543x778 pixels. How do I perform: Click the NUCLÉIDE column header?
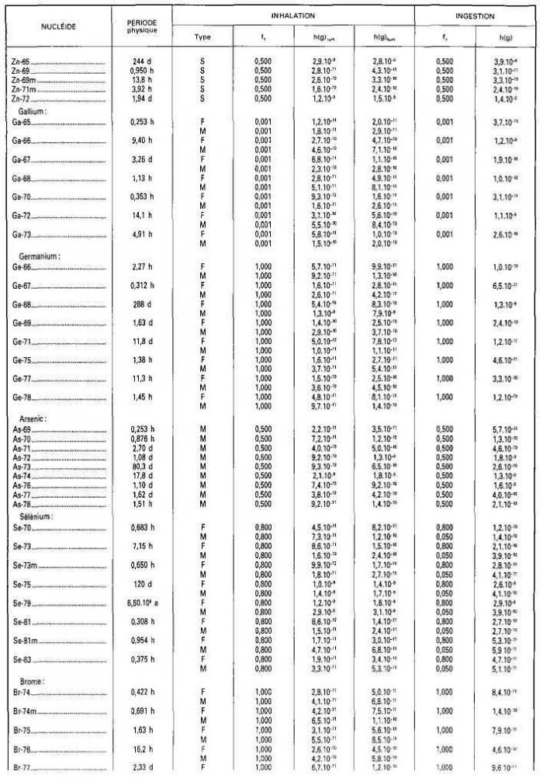pos(59,26)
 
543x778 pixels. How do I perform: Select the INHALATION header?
pos(293,16)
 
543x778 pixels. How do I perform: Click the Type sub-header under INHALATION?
pos(202,36)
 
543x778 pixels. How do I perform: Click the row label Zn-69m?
pos(25,80)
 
